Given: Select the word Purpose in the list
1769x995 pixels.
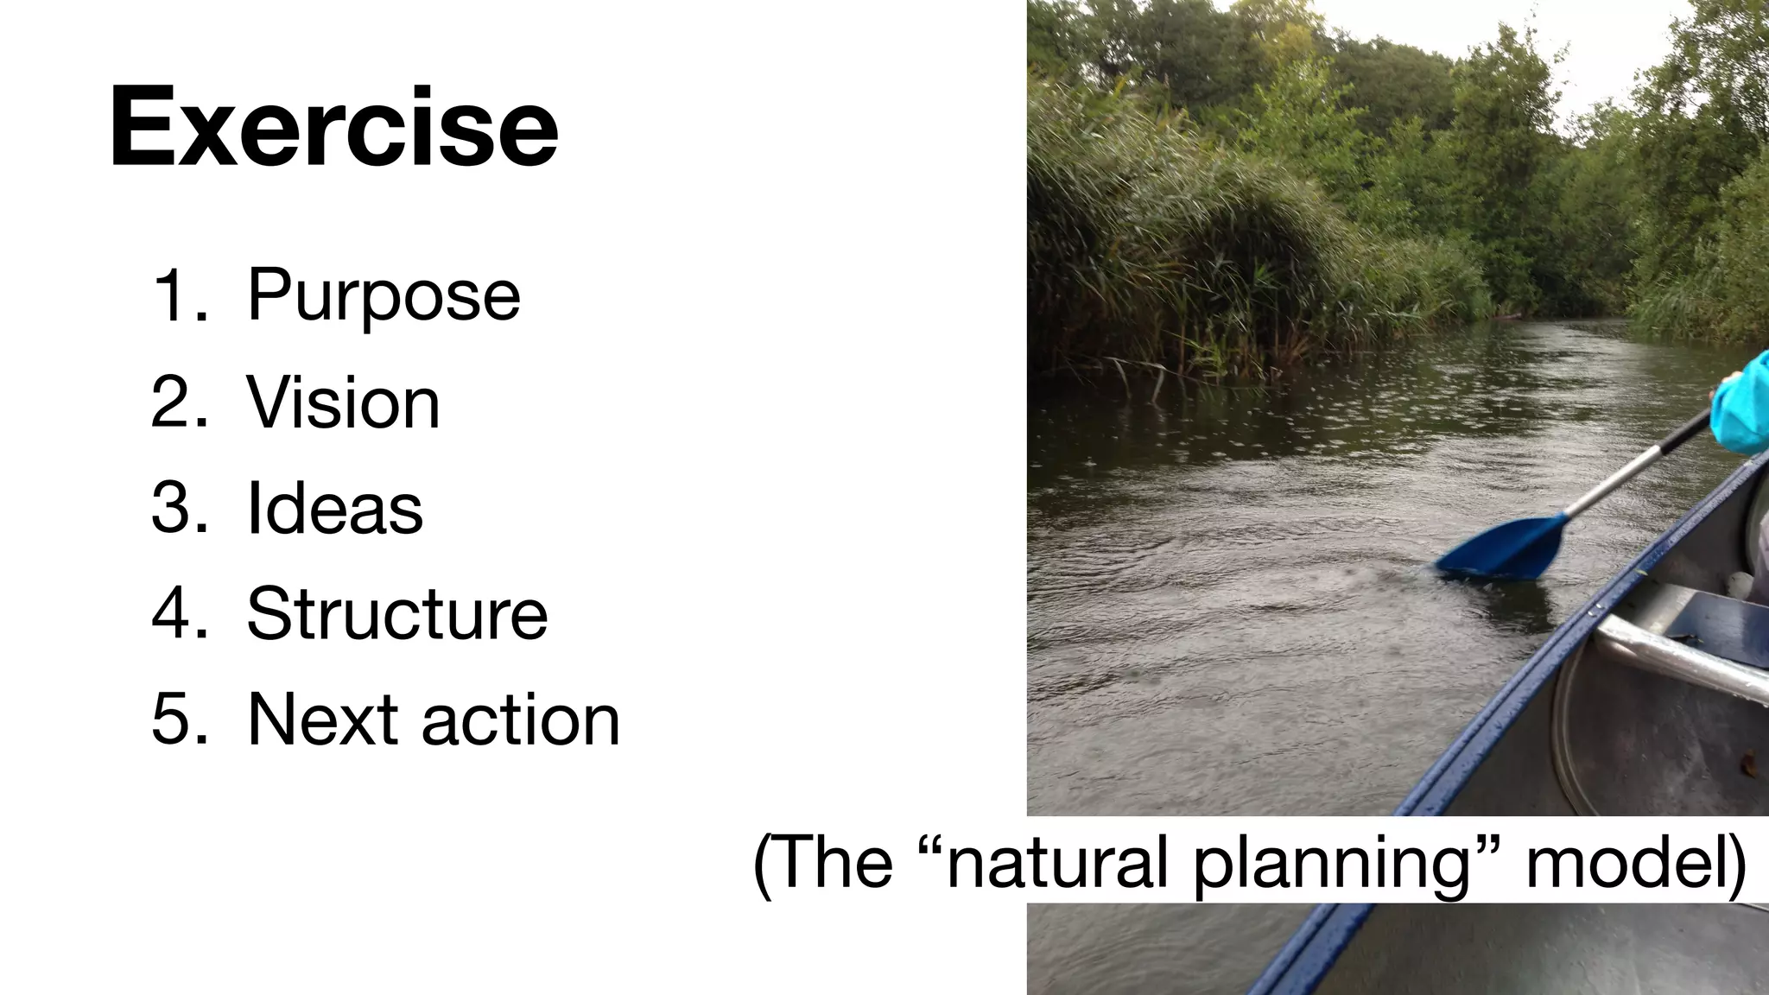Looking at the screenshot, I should coord(384,296).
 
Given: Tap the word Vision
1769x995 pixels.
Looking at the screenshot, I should coord(343,402).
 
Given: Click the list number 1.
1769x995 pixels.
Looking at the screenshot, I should coord(178,296).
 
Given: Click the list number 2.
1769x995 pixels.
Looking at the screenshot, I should coord(178,402).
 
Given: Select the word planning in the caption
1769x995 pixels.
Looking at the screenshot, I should coord(1330,864).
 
